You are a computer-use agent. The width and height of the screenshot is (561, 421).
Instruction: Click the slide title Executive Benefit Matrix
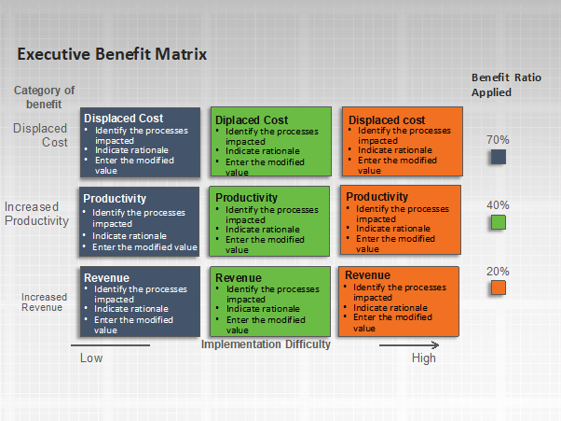click(112, 54)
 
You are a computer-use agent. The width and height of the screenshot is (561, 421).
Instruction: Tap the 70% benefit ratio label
click(498, 140)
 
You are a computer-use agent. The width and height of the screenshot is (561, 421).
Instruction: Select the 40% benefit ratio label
click(498, 205)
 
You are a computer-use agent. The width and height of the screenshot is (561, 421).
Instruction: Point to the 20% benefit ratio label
click(498, 272)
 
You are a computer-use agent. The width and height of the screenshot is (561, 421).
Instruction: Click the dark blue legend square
click(499, 157)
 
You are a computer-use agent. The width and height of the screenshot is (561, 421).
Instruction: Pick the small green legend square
click(499, 222)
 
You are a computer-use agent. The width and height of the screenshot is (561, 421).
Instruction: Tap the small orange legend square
click(499, 288)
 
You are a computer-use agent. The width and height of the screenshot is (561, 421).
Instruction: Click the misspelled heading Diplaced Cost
click(252, 120)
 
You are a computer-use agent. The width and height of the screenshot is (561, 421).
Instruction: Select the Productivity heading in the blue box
click(115, 199)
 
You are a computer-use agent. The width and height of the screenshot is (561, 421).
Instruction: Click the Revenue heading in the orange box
click(367, 275)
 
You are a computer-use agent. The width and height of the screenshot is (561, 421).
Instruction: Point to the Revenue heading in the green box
click(239, 277)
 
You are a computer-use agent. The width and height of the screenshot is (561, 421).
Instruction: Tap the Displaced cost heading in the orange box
click(387, 119)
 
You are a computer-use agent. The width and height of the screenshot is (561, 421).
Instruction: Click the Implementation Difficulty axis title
click(266, 344)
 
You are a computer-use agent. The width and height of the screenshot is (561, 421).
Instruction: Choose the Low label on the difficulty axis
click(91, 358)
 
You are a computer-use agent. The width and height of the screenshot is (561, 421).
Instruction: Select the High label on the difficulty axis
click(424, 358)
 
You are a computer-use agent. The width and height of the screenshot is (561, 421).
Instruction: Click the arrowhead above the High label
click(436, 345)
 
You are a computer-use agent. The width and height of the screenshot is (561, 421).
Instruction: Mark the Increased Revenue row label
click(44, 302)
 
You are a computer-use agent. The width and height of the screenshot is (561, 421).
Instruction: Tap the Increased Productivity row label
click(36, 214)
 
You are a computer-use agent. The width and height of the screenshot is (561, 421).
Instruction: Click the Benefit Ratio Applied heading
click(506, 85)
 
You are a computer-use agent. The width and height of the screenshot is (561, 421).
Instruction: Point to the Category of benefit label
click(44, 97)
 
